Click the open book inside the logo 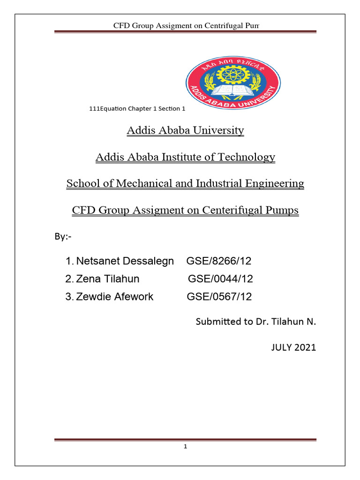233,89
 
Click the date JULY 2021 293,347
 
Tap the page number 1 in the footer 186,447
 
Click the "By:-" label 62,237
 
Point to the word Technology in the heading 248,157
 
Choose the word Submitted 217,322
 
